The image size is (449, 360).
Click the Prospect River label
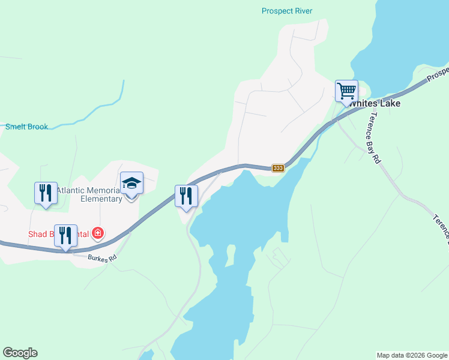[x=287, y=11]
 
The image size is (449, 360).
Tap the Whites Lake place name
[x=375, y=103]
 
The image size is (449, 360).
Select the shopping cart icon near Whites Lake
[x=346, y=91]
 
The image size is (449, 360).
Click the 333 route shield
[x=277, y=168]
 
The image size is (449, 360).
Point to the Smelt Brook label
[x=26, y=127]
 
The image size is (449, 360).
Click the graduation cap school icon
[x=132, y=183]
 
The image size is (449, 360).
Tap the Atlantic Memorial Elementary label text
[x=90, y=194]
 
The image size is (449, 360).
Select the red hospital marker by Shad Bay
[x=97, y=233]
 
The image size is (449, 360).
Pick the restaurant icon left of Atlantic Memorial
[x=46, y=193]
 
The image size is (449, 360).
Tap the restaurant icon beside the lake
[x=186, y=196]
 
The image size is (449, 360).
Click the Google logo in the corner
[x=20, y=353]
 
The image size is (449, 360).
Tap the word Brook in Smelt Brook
[x=37, y=127]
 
